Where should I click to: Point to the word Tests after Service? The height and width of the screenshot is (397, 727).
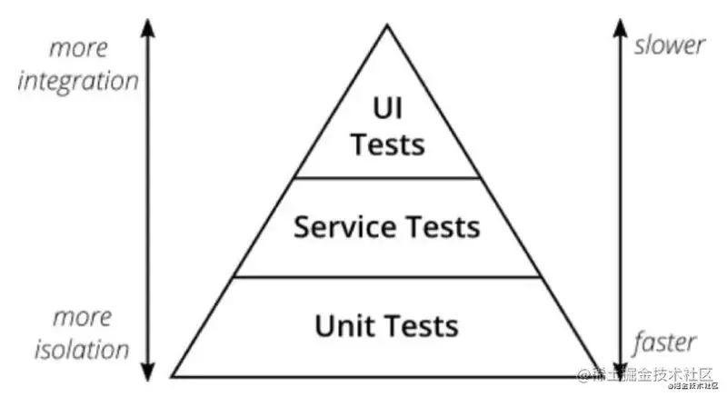tap(440, 226)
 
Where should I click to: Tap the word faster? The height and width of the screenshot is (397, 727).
tap(666, 342)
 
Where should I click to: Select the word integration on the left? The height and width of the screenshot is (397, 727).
tap(79, 80)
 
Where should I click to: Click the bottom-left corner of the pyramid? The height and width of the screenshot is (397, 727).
tap(173, 375)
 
